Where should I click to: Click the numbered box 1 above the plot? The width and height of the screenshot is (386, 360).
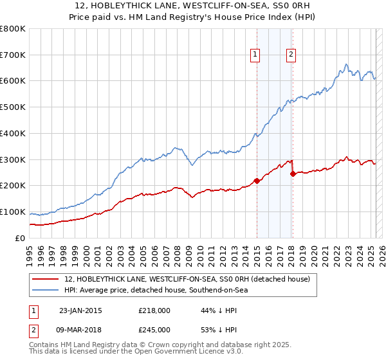[256, 55]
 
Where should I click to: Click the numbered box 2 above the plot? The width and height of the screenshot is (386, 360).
[291, 55]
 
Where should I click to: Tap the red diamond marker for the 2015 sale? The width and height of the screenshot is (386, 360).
[257, 181]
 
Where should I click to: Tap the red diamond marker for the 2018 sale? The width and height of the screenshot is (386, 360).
[293, 174]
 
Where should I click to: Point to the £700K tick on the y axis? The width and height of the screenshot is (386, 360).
[14, 55]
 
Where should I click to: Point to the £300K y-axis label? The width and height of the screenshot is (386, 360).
[14, 159]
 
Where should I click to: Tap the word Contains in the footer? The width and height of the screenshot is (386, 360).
[46, 345]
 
